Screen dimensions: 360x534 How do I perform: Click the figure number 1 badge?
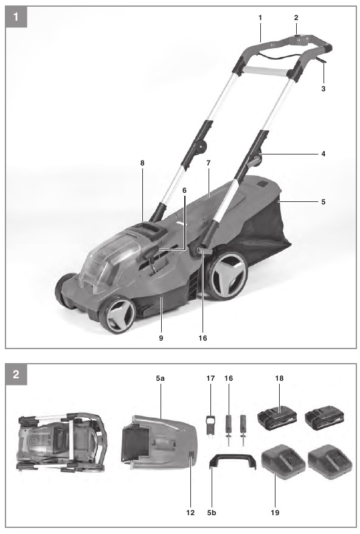point(16,16)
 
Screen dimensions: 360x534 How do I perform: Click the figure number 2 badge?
point(16,374)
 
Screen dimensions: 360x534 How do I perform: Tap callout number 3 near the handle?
point(324,89)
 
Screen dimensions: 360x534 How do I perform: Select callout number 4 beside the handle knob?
point(324,154)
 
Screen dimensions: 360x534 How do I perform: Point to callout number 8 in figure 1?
point(142,163)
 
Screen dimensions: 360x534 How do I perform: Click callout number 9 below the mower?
point(161,338)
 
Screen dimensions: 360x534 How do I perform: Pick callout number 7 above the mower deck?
point(209,163)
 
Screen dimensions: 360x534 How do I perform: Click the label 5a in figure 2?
point(161,378)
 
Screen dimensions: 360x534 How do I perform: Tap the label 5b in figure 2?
point(212,512)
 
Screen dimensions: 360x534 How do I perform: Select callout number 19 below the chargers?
point(275,512)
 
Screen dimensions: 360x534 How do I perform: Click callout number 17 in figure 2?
point(210,378)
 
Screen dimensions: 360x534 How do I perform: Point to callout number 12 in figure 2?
point(190,512)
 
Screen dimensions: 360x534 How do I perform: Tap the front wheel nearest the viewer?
point(117,314)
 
